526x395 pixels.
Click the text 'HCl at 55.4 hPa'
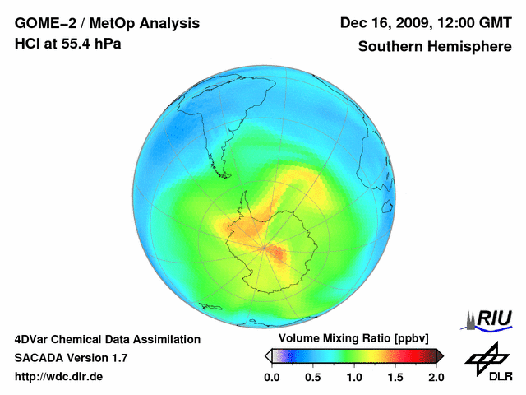click(x=67, y=44)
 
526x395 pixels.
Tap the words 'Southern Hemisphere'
click(x=435, y=47)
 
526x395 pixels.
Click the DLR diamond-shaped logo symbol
click(x=487, y=356)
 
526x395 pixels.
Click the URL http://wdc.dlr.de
click(x=59, y=377)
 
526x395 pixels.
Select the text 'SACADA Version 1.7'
click(x=71, y=358)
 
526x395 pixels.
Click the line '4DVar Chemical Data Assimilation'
click(x=108, y=339)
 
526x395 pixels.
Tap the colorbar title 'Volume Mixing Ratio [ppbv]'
click(x=354, y=338)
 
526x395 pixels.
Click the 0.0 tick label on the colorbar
click(x=272, y=377)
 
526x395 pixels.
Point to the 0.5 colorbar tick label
click(x=313, y=377)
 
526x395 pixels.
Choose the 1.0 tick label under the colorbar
click(x=354, y=377)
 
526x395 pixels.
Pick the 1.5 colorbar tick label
click(x=395, y=377)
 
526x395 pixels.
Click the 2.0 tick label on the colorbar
click(x=436, y=377)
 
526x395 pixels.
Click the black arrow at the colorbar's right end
click(x=440, y=355)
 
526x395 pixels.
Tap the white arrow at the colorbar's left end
click(x=268, y=355)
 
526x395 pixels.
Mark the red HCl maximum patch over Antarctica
click(x=280, y=255)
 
